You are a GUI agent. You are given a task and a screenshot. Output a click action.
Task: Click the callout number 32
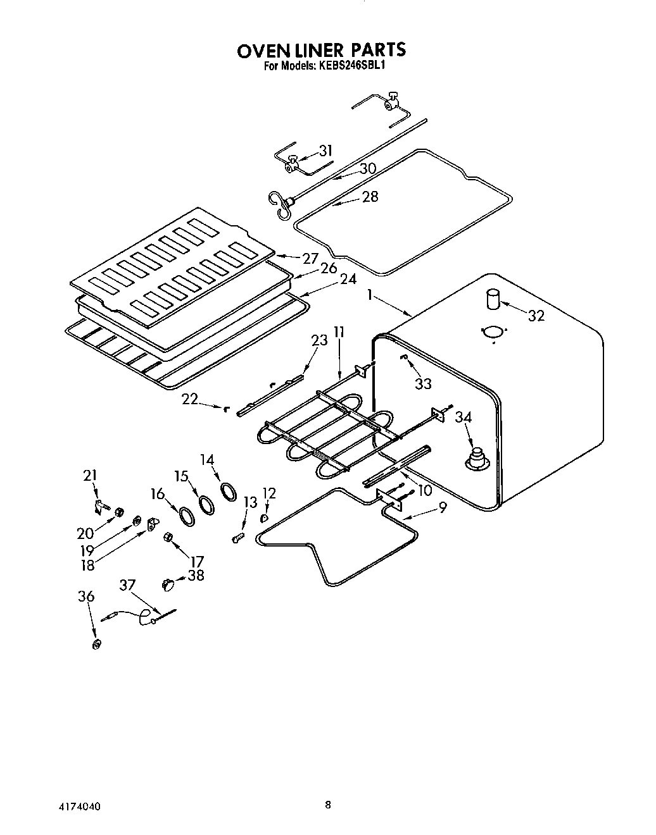(x=536, y=316)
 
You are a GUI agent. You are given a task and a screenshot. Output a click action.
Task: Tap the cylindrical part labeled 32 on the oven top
(x=493, y=299)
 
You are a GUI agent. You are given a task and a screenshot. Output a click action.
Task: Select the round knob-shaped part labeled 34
(x=476, y=459)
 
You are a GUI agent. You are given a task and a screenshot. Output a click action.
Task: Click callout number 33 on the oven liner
(x=423, y=383)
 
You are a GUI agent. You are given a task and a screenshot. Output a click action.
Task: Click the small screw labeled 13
(x=237, y=538)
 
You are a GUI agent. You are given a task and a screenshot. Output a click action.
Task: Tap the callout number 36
(x=86, y=597)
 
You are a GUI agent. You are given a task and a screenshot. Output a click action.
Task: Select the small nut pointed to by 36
(x=97, y=644)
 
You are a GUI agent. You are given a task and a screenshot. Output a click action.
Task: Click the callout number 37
(x=127, y=586)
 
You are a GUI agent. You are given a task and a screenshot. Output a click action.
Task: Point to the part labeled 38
(x=168, y=583)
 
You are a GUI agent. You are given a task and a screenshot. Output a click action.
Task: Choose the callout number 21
(x=91, y=476)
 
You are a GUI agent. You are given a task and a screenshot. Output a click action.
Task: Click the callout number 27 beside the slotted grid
(x=310, y=257)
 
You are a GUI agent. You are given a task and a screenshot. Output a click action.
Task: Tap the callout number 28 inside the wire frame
(x=370, y=196)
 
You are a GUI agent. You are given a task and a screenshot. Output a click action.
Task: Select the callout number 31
(x=325, y=151)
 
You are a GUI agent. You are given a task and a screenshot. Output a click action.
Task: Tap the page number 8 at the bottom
(x=327, y=805)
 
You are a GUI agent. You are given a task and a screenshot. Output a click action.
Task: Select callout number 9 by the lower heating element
(x=443, y=507)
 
